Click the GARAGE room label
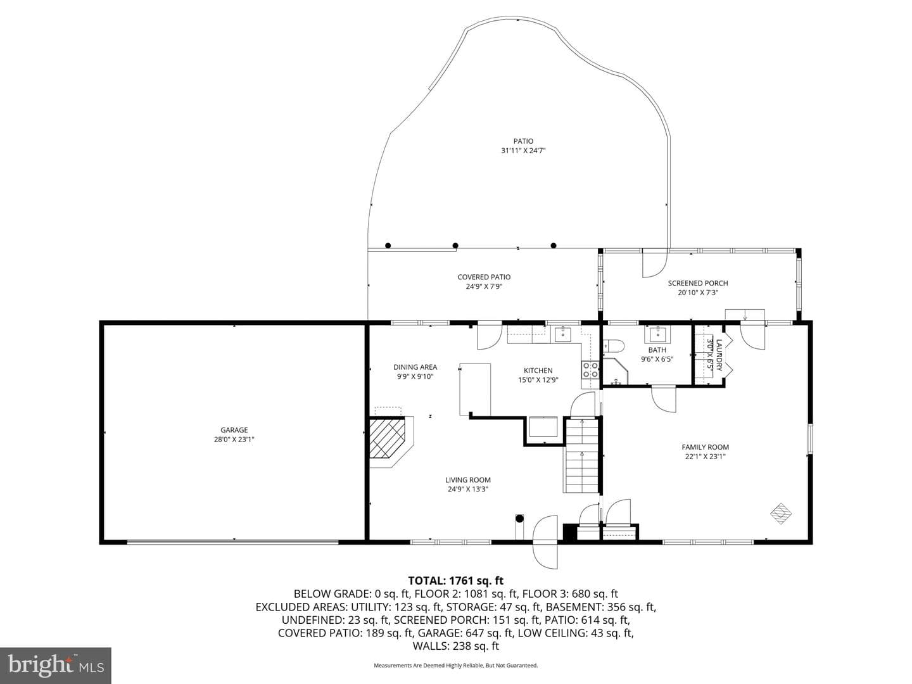234,430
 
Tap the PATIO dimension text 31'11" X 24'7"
523,151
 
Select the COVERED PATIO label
484,277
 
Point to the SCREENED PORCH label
698,283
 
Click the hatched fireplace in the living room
387,438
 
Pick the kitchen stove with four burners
590,370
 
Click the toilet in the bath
614,346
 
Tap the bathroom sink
657,334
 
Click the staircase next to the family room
581,455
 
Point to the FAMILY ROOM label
705,447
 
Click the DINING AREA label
415,367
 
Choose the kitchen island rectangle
475,389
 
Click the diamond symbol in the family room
781,514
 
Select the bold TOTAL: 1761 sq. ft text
456,581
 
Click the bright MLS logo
56,665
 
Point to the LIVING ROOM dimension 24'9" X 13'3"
468,489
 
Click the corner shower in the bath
615,371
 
